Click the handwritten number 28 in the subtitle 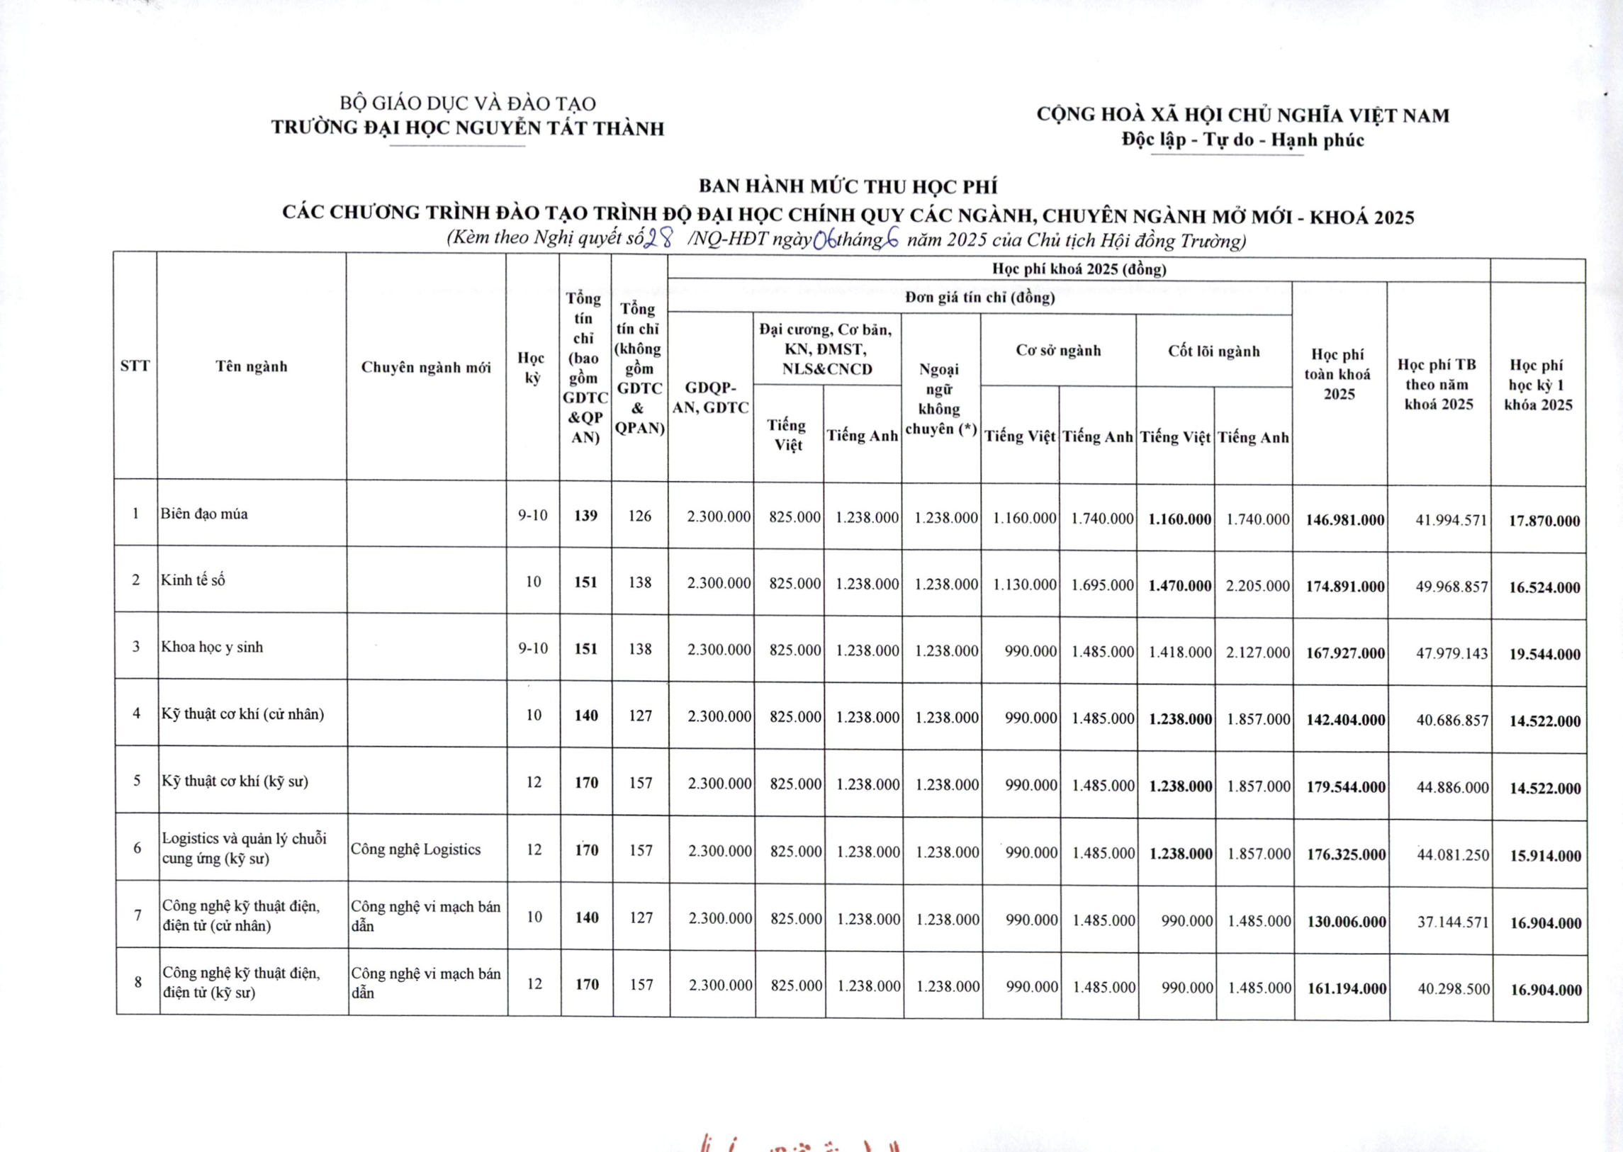657,239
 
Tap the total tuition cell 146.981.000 1344,520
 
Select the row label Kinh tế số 192,580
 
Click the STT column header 135,366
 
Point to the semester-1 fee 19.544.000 1544,654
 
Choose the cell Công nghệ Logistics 415,849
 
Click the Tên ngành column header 251,367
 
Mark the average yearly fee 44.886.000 1452,787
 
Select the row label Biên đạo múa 203,514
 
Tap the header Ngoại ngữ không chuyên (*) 940,399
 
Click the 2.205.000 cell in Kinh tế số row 1257,587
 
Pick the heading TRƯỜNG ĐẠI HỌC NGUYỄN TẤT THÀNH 468,128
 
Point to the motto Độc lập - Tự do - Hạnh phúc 1242,140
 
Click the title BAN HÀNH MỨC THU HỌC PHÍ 848,186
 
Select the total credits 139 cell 585,516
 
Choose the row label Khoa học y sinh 211,647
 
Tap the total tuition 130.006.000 1346,922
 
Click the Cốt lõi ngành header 1213,351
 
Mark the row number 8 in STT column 137,982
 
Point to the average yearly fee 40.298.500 1454,989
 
